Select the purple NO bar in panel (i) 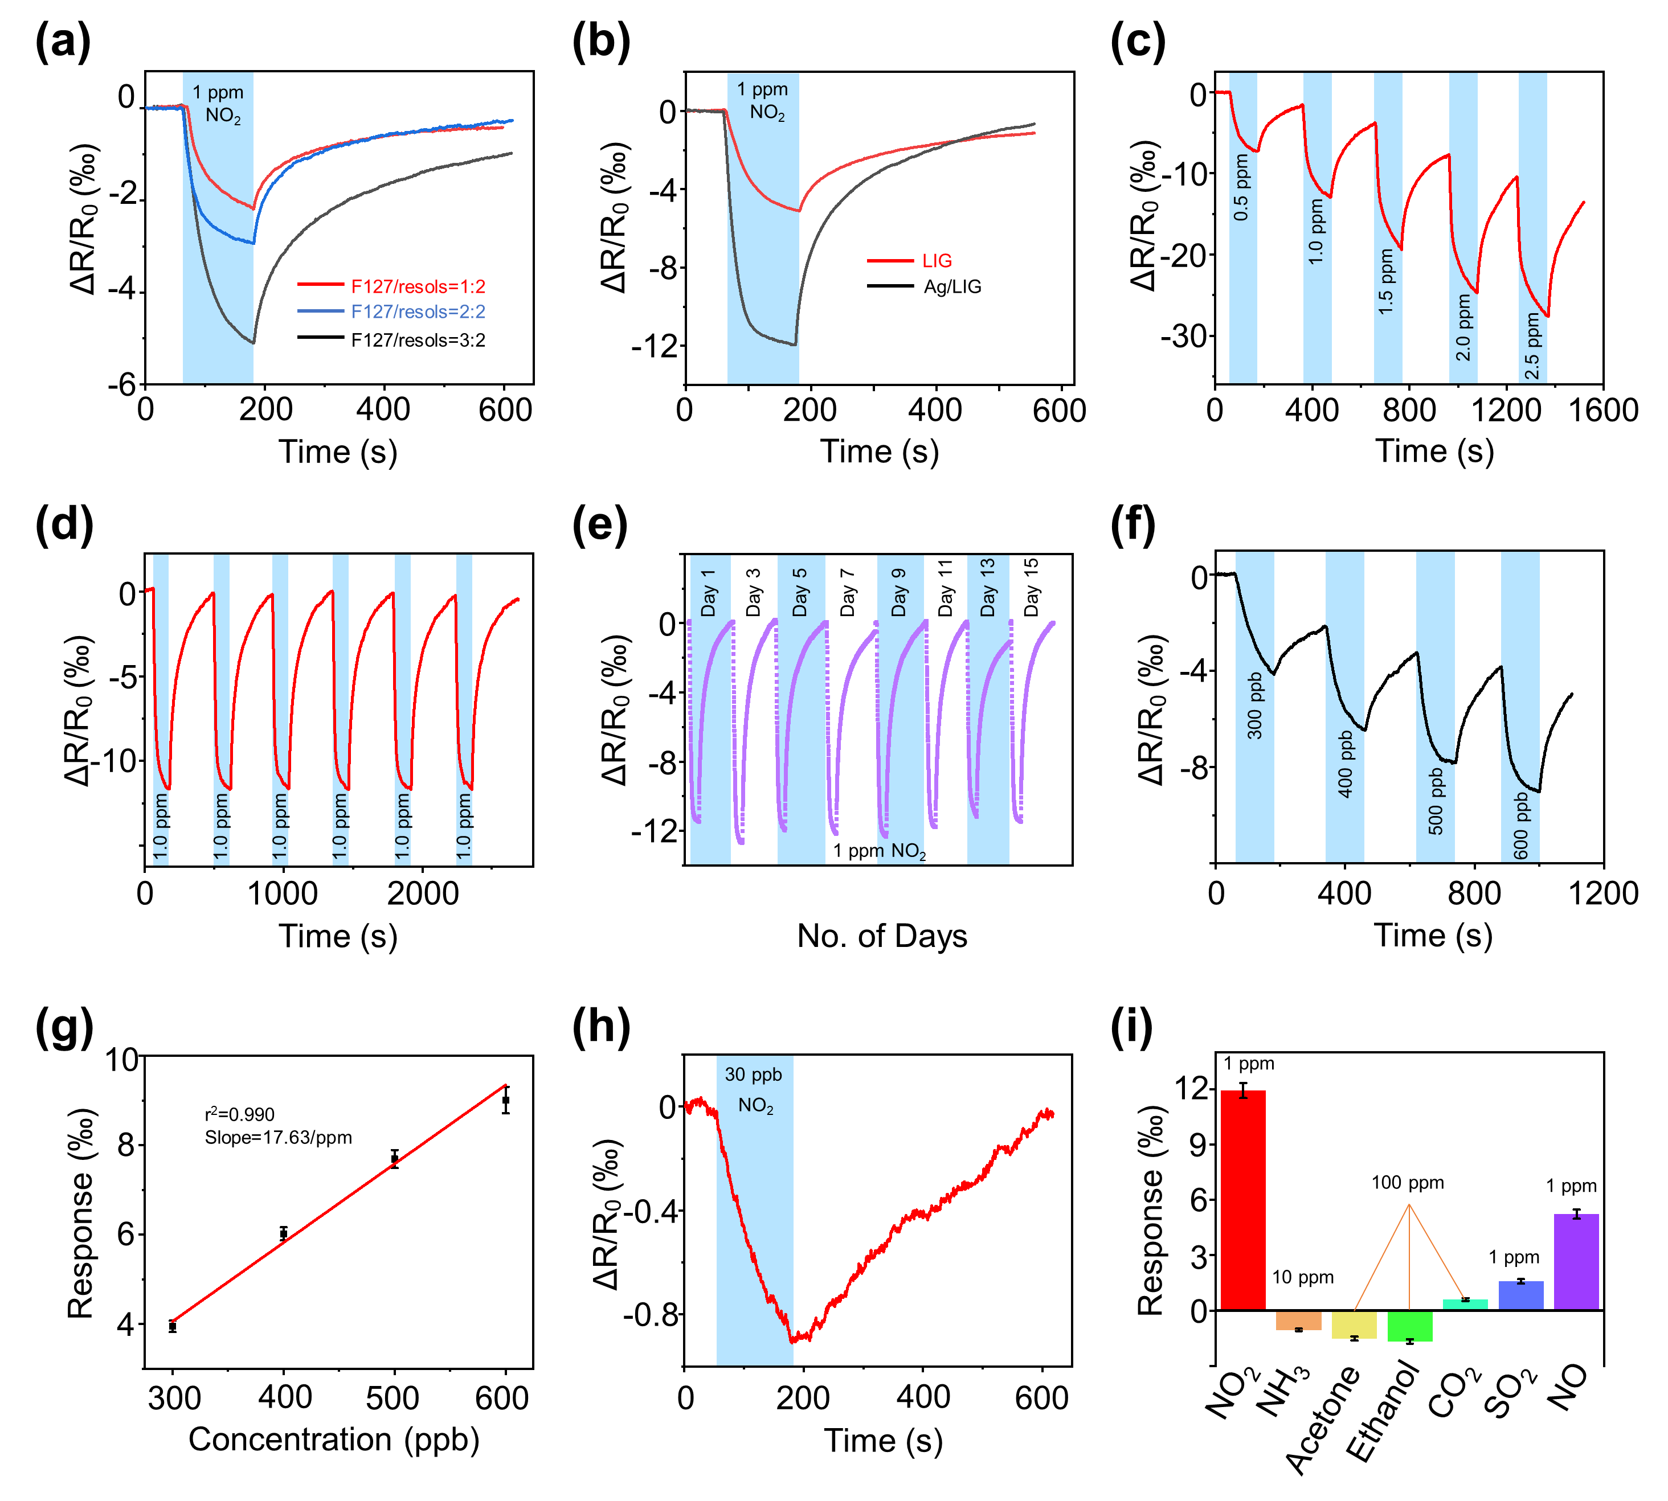tap(1576, 1262)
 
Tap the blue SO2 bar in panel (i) tap(1520, 1295)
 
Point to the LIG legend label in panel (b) tap(937, 261)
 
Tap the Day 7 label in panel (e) tap(847, 592)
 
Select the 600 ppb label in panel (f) tap(1521, 826)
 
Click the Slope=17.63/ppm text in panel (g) tap(278, 1137)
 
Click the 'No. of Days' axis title tap(881, 936)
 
